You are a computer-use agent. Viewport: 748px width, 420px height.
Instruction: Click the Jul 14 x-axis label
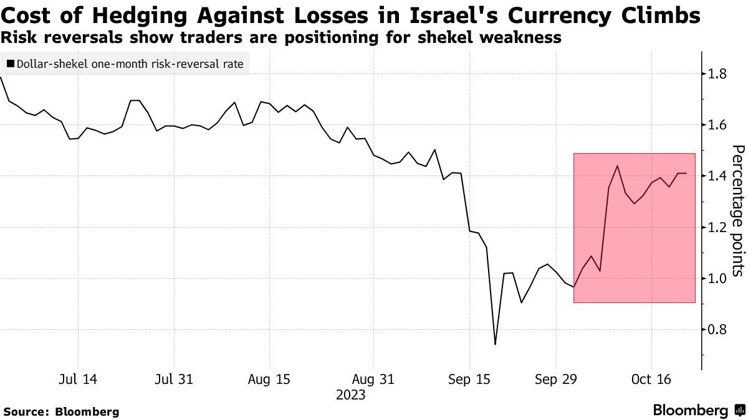[x=79, y=379]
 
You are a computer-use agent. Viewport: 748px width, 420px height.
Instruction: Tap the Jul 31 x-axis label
[x=173, y=379]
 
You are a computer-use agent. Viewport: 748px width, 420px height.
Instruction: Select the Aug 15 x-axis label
[x=269, y=379]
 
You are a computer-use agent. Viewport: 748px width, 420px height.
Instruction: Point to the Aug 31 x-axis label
[x=373, y=379]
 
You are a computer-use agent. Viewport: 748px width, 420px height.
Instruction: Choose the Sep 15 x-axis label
[x=469, y=379]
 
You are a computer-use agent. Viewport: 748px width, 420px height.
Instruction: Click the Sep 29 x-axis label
[x=557, y=379]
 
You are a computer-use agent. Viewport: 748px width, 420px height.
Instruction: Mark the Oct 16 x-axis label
[x=651, y=379]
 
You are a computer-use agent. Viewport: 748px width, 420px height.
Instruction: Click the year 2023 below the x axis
[x=350, y=394]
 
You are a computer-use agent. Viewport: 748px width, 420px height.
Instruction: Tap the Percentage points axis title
[x=737, y=210]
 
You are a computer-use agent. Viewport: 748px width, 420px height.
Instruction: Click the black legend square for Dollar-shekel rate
[x=10, y=63]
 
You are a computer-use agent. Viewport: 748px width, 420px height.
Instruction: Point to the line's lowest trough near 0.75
[x=495, y=344]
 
